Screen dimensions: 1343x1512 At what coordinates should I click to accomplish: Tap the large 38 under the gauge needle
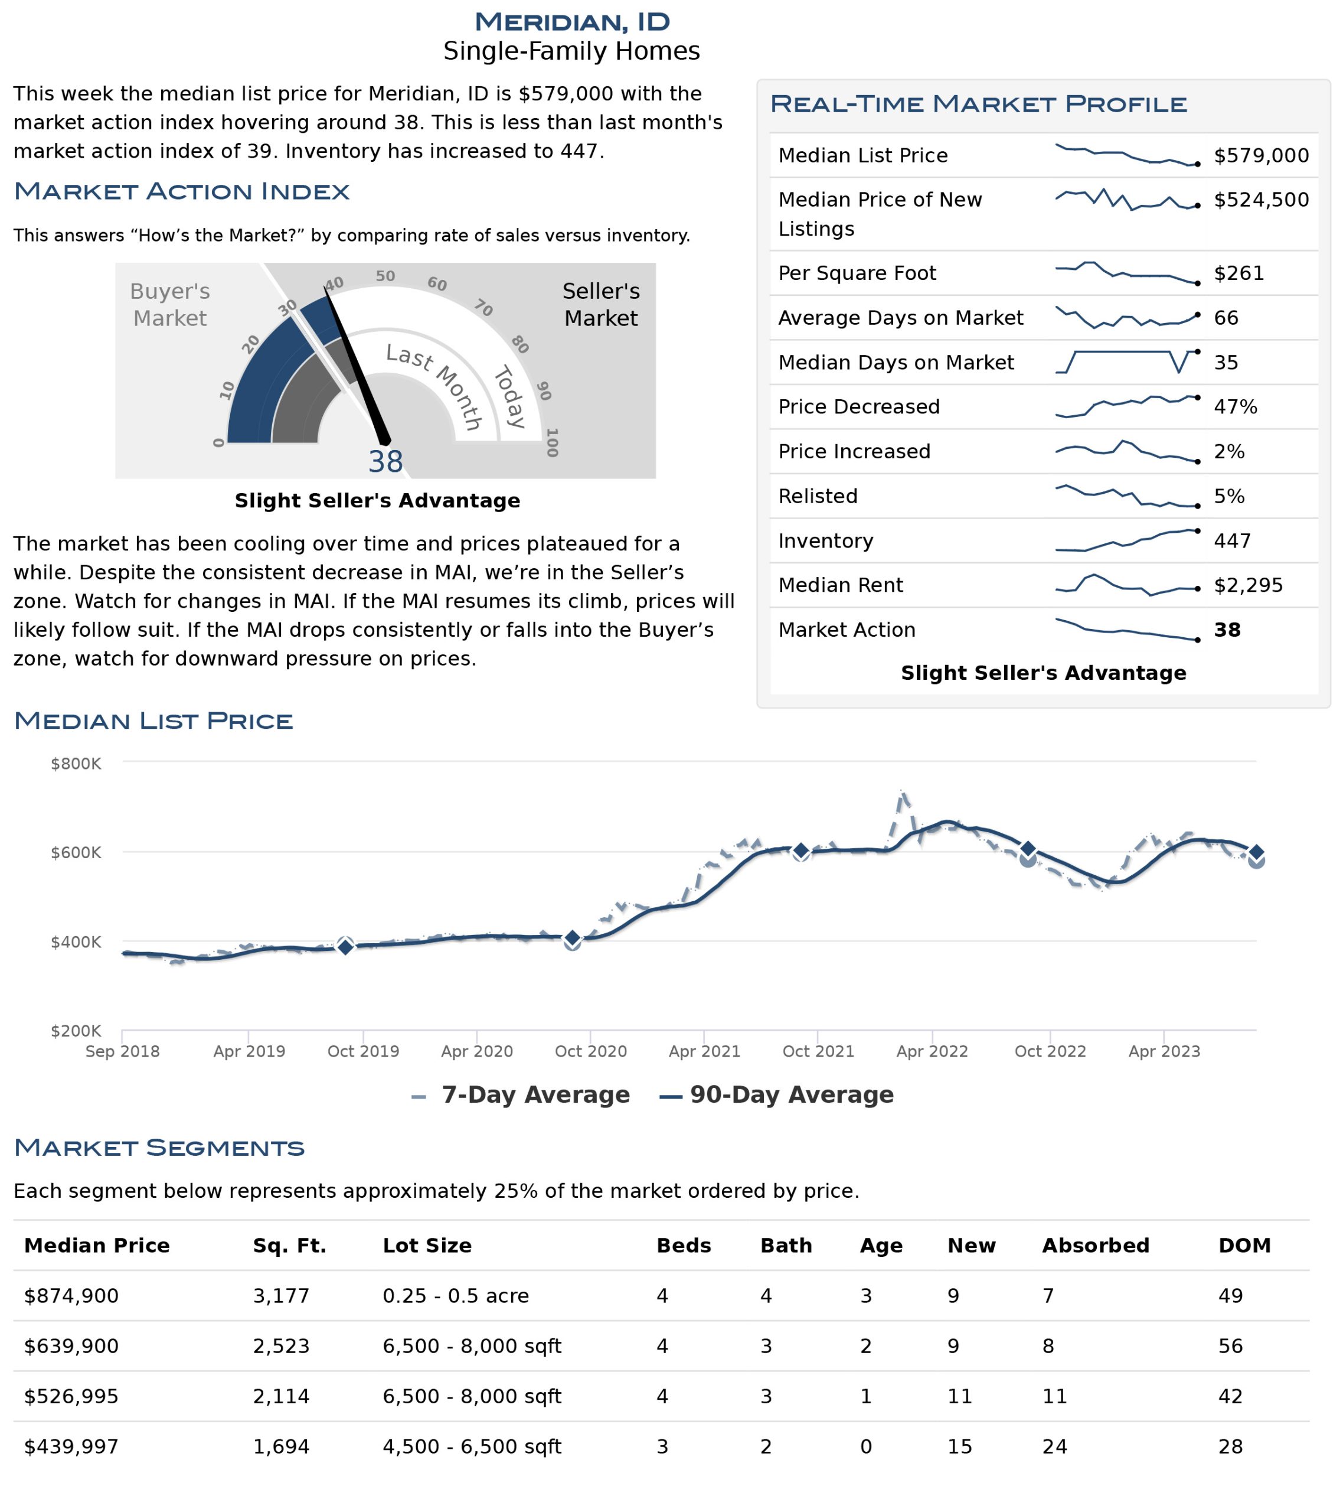[385, 462]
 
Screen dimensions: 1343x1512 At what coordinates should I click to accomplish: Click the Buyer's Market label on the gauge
[169, 304]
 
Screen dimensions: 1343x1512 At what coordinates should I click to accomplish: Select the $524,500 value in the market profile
[1261, 200]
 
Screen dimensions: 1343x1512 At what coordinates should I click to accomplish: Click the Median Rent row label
[840, 585]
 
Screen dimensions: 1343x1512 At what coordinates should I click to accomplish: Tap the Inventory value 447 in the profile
[1232, 541]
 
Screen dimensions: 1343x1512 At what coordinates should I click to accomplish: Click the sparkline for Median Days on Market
[1126, 361]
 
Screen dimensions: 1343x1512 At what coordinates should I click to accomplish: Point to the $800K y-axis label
[76, 764]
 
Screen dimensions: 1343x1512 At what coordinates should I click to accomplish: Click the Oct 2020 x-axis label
[590, 1051]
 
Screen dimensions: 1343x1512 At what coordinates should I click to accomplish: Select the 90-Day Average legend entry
[776, 1095]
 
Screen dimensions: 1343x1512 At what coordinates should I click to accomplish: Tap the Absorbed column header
[1095, 1246]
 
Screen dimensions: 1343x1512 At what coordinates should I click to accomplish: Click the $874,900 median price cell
[71, 1296]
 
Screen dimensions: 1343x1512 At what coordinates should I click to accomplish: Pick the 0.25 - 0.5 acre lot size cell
[456, 1296]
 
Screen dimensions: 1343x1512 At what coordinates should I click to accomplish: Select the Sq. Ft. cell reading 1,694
[281, 1447]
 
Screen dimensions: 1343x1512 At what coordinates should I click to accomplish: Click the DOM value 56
[1231, 1346]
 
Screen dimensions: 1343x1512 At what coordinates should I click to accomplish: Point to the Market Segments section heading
[159, 1148]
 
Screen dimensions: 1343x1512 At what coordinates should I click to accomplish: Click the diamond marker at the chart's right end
[1256, 852]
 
